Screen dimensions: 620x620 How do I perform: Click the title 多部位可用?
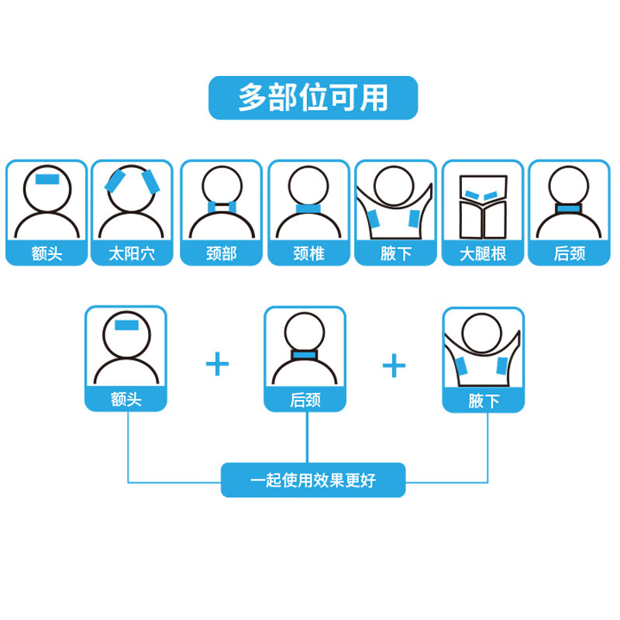click(x=313, y=98)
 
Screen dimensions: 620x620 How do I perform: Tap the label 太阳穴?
click(x=132, y=253)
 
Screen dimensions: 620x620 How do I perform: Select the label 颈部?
click(x=222, y=253)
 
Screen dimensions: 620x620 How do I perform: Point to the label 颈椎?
click(x=308, y=253)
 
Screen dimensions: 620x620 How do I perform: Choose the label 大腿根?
click(x=483, y=254)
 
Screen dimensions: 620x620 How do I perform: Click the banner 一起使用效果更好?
click(x=313, y=480)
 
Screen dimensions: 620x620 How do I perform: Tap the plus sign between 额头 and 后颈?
click(x=218, y=364)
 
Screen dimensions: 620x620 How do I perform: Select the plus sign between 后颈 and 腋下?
click(x=394, y=365)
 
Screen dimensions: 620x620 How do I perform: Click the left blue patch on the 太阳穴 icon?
click(x=115, y=181)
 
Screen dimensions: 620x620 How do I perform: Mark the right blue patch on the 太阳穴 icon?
click(x=150, y=181)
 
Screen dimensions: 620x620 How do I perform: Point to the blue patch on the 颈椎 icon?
click(x=308, y=209)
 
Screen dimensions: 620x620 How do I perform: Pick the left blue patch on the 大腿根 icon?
click(x=473, y=195)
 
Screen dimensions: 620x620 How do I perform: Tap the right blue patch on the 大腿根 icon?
click(x=491, y=195)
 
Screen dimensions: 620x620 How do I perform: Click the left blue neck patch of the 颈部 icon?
click(x=212, y=207)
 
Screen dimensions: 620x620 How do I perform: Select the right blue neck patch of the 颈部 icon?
click(x=232, y=207)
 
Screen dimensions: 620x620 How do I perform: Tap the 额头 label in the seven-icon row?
click(x=47, y=253)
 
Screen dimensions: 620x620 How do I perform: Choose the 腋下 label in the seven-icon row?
click(x=396, y=254)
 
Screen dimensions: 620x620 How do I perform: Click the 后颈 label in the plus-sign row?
click(x=305, y=400)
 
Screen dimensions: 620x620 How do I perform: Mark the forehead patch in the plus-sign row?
click(x=126, y=325)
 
